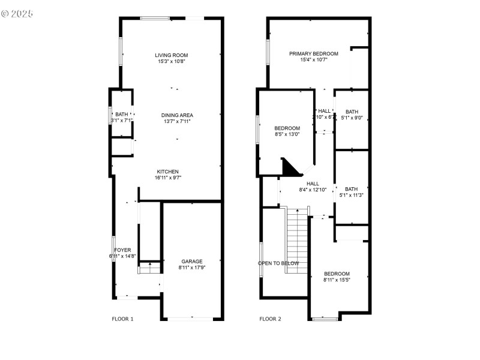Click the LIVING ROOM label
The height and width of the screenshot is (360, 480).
[x=172, y=55]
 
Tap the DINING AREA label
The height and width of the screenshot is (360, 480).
[x=177, y=115]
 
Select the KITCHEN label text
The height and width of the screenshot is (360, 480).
[x=168, y=172]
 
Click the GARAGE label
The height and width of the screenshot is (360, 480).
[x=192, y=262]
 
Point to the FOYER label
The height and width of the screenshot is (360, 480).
[x=123, y=250]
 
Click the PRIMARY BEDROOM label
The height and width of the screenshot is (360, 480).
[x=313, y=54]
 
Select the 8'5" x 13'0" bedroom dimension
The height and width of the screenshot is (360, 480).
[x=287, y=134]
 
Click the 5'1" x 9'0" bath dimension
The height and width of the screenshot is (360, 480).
[x=352, y=118]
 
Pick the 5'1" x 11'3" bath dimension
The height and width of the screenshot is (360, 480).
[x=352, y=195]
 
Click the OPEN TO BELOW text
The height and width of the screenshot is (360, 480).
[x=278, y=263]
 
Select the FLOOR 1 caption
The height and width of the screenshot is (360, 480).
[x=122, y=319]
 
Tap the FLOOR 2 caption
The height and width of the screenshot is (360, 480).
[x=270, y=319]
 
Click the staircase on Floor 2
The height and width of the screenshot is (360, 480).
[x=296, y=240]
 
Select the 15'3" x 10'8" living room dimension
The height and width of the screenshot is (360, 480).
[x=172, y=61]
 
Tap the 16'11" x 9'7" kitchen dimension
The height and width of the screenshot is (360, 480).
[x=168, y=178]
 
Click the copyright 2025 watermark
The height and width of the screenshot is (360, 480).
[x=17, y=13]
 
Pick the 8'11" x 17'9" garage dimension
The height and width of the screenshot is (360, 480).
[x=192, y=268]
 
